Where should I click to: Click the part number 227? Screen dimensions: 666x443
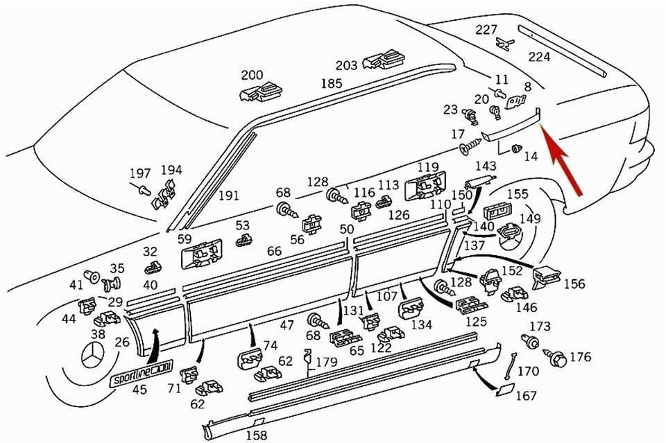pos(486,30)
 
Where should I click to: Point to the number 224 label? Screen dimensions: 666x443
pos(539,56)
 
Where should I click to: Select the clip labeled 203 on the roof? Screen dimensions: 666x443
pos(384,60)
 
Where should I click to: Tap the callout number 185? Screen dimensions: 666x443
pos(332,83)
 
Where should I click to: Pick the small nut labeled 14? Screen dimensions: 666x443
pos(516,149)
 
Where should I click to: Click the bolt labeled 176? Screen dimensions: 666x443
pos(555,357)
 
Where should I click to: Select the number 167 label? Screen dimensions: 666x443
pos(527,395)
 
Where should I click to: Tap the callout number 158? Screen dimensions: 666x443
pos(257,435)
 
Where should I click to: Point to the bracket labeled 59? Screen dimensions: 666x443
pos(202,254)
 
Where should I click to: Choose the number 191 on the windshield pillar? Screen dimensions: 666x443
pos(228,196)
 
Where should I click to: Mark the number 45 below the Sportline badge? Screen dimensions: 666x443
pos(139,389)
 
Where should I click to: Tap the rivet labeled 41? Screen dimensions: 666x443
pos(92,276)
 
